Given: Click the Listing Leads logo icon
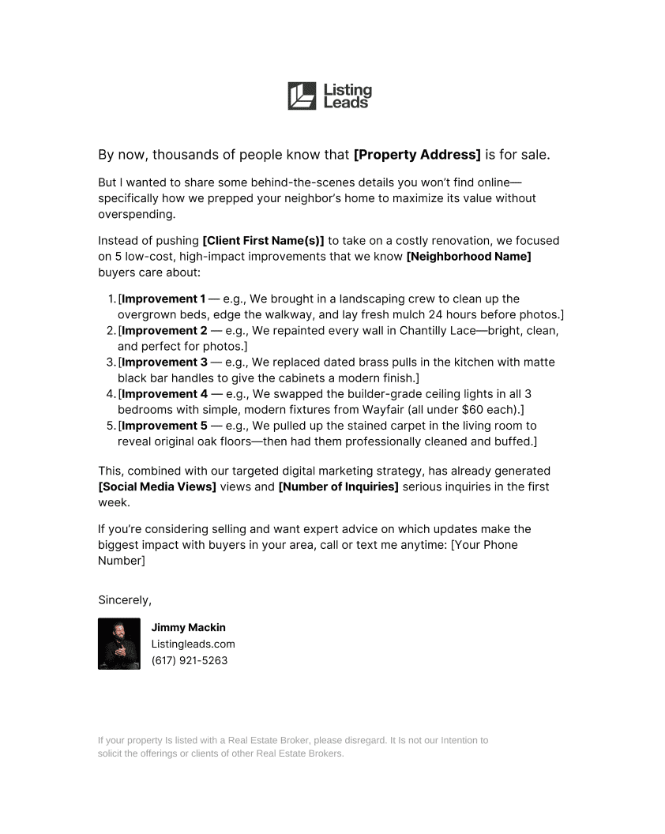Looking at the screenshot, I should (x=302, y=96).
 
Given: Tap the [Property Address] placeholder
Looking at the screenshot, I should (x=417, y=155).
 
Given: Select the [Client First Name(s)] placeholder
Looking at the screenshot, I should (x=263, y=241).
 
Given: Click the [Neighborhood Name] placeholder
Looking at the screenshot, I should (x=468, y=257).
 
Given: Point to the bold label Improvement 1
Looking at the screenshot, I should (x=163, y=299).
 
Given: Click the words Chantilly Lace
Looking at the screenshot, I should (x=438, y=331).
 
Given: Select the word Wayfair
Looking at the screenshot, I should (x=391, y=410).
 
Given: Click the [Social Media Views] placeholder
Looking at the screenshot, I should (x=157, y=486).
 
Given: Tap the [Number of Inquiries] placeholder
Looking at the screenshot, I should (x=338, y=486).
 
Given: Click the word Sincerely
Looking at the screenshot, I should (x=124, y=600).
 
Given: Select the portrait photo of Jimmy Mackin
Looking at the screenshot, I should (x=119, y=644).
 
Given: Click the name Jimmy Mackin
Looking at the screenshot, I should (x=189, y=628).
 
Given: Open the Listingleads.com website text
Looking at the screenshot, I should (x=193, y=644).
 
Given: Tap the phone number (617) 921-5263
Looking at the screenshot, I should (x=190, y=660).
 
